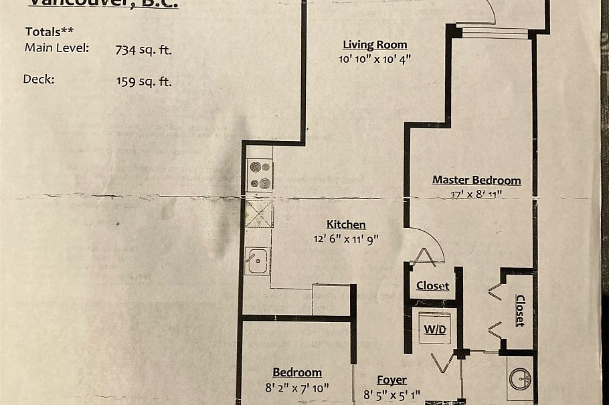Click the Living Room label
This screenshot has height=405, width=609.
[375, 45]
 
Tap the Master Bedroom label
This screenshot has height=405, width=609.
[476, 180]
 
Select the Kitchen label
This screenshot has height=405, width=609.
[346, 225]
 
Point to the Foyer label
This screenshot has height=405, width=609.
[391, 380]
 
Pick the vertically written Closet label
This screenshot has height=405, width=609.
[520, 310]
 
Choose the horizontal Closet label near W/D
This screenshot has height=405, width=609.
[432, 286]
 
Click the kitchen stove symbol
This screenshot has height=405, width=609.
[259, 175]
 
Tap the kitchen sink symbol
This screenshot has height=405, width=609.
[257, 261]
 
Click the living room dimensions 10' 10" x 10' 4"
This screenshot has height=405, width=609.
[375, 59]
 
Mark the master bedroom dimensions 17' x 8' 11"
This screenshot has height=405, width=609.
[476, 193]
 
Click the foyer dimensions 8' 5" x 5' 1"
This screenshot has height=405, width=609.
[392, 394]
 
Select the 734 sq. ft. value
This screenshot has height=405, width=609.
[143, 49]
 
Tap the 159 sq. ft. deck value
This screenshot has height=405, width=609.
[143, 82]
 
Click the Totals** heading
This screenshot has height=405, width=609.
[50, 32]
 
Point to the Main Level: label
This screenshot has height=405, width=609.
[56, 47]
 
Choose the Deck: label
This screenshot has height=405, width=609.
[38, 79]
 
